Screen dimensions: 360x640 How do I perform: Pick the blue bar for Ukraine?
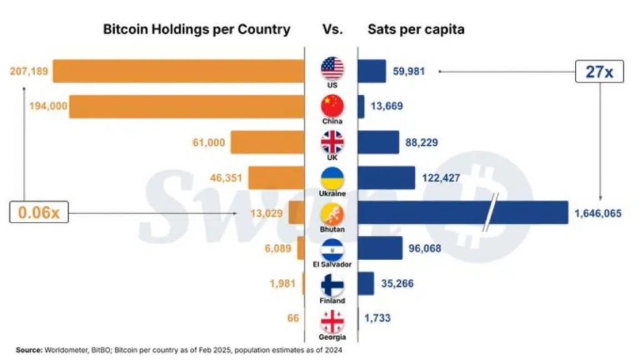coord(386,177)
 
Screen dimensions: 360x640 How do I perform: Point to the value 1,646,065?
coord(598,213)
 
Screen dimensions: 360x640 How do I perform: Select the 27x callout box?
coord(599,71)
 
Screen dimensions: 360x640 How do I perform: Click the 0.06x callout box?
coord(39,212)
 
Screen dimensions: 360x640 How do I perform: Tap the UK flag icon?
coord(332,142)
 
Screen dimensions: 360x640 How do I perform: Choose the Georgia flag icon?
coord(332,321)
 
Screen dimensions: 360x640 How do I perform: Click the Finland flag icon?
coord(332,285)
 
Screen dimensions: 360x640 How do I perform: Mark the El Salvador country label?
coord(332,264)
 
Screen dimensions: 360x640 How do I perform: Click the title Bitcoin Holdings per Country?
coord(196,29)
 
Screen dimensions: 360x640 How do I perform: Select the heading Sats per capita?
coord(416,29)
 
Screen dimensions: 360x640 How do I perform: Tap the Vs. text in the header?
coord(332,29)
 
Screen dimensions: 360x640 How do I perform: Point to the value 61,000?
coord(209,142)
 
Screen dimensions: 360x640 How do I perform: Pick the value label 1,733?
coord(377,318)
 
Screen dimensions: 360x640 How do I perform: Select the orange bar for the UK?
coord(267,142)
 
